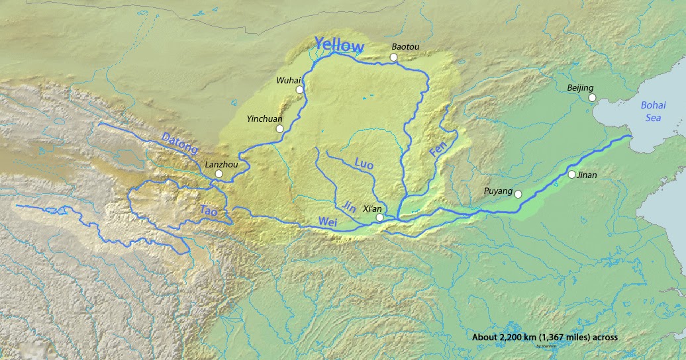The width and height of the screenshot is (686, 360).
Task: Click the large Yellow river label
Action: tap(339, 46)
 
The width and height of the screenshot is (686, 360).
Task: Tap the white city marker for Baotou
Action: tap(393, 58)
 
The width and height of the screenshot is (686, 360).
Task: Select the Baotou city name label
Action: tap(405, 46)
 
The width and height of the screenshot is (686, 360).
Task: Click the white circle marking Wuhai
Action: tap(299, 89)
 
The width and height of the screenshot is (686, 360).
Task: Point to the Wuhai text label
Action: tap(288, 80)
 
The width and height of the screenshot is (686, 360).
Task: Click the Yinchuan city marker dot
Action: tap(280, 128)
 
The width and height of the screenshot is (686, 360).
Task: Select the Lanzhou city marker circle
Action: tap(219, 173)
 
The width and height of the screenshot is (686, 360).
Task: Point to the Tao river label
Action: tap(209, 210)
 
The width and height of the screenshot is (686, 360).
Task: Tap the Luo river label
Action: tap(364, 162)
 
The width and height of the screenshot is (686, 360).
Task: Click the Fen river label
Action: tap(438, 149)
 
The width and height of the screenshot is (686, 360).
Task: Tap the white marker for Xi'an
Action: tap(379, 217)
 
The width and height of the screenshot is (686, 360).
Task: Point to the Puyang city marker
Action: tap(518, 194)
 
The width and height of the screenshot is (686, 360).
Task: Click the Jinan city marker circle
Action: tap(571, 175)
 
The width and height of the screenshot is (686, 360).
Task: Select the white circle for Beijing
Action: tap(593, 98)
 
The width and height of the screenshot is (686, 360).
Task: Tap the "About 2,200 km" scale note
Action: tap(544, 337)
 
